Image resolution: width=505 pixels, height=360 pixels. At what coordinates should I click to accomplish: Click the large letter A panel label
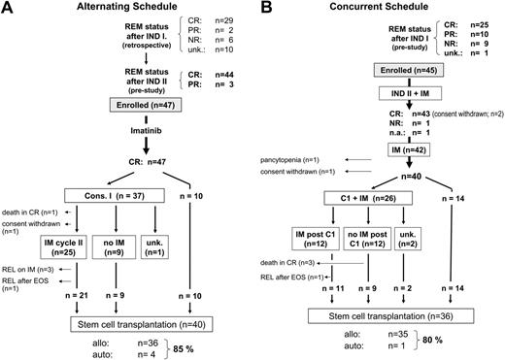9,11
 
